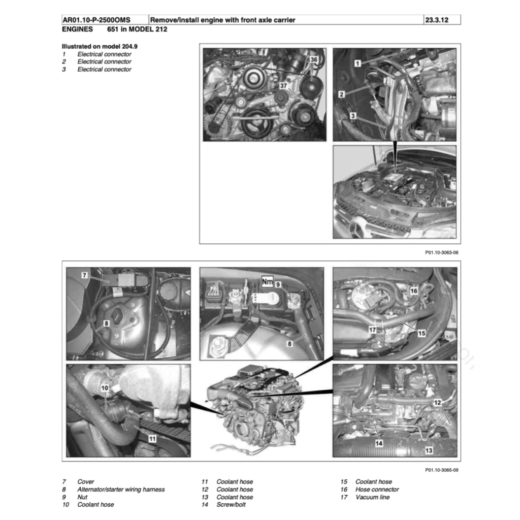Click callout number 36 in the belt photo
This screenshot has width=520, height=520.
point(314,60)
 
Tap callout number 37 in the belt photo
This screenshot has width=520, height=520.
point(283,86)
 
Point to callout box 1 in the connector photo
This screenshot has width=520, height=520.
point(357,63)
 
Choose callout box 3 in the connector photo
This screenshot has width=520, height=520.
point(353,116)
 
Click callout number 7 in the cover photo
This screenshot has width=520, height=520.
point(85,275)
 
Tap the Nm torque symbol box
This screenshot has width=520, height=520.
point(267,279)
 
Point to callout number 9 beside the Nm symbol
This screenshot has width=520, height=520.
point(278,285)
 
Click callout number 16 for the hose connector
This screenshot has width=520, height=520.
point(414,290)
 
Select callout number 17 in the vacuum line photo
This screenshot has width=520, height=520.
point(372,330)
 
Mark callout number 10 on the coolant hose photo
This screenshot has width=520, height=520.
point(104,388)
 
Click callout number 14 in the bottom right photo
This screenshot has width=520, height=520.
point(378,443)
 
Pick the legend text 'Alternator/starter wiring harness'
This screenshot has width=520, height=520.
point(121,490)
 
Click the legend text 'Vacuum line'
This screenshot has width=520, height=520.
point(372,497)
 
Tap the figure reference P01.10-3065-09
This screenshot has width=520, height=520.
point(441,470)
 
